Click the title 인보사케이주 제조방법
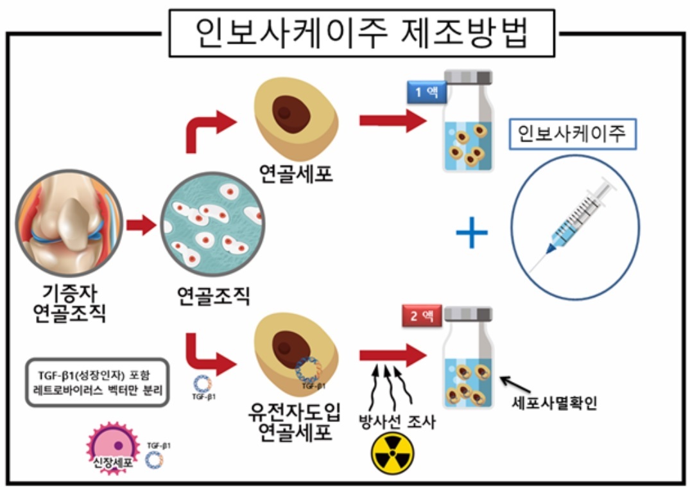361,33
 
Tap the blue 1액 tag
426,92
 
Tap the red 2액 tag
422,315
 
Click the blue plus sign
472,232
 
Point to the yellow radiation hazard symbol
393,453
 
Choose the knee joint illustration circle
69,223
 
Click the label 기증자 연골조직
69,304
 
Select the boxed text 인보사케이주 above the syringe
573,134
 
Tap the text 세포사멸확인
555,403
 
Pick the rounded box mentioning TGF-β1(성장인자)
98,382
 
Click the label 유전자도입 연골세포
295,422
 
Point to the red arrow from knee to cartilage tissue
141,225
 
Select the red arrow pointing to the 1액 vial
393,121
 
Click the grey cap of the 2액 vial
468,314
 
